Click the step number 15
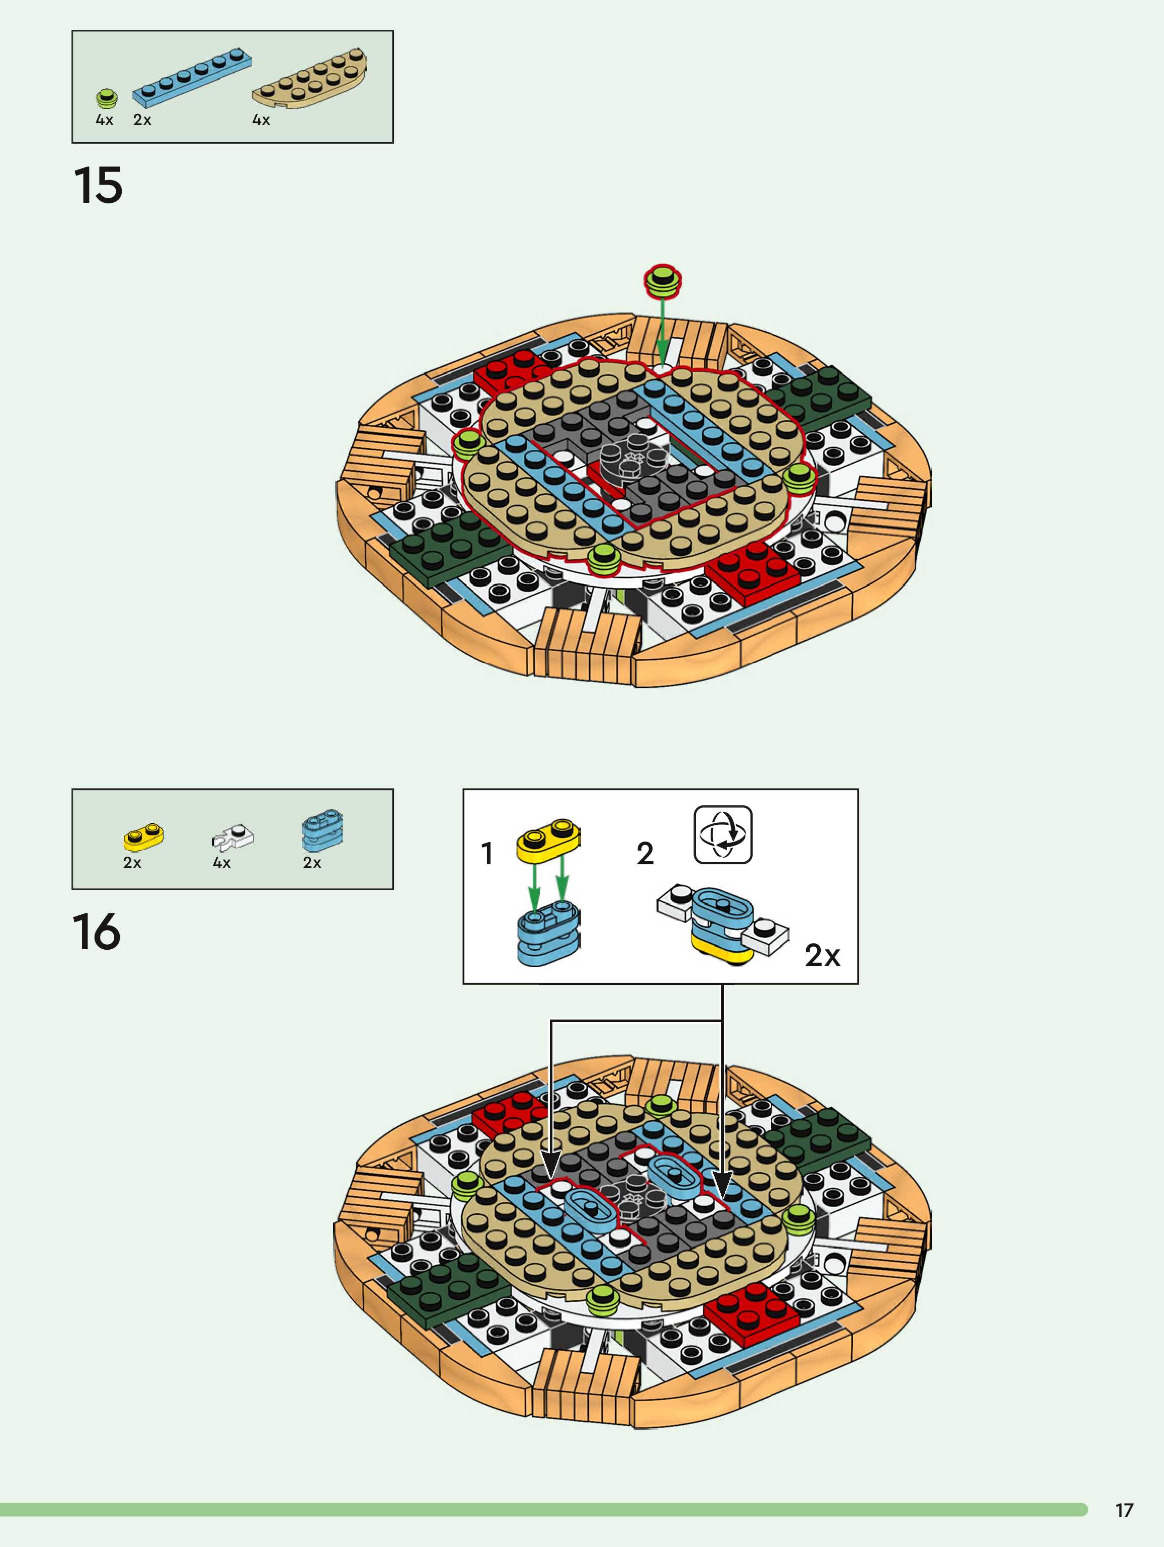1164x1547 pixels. (x=98, y=185)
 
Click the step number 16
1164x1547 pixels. (x=97, y=932)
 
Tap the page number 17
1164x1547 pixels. (x=1124, y=1511)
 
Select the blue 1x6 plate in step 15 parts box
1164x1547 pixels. (x=192, y=73)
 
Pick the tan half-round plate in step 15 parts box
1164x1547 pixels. (x=310, y=78)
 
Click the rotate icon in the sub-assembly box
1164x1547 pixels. (x=723, y=834)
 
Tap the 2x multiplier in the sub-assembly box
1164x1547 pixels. (x=822, y=955)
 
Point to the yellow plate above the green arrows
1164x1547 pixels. (x=548, y=838)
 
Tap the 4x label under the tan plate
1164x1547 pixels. (x=261, y=120)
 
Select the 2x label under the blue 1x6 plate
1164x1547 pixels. (x=142, y=120)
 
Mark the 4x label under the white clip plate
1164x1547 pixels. (x=221, y=863)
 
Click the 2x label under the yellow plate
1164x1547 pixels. (x=132, y=863)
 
